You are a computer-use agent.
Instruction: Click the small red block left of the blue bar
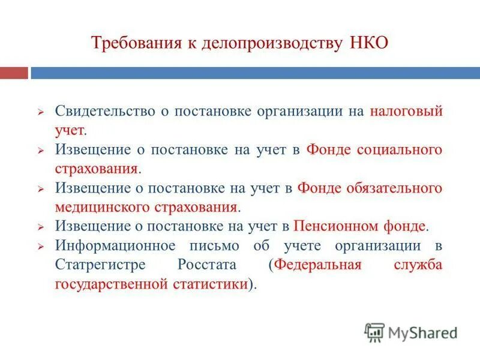coord(14,73)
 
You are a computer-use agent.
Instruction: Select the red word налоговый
coord(406,112)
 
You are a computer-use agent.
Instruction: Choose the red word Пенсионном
coord(334,226)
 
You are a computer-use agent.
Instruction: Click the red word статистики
coord(207,284)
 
